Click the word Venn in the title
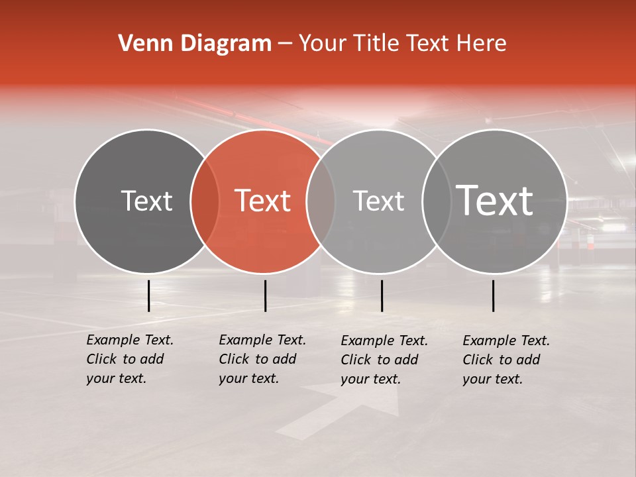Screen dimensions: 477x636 140,44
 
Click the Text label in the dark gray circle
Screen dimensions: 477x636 146,201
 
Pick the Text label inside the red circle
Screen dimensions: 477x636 263,201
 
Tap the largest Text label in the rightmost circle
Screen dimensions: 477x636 495,200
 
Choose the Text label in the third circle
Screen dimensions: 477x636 378,201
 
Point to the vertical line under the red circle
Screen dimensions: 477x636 265,295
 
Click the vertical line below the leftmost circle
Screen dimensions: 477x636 148,295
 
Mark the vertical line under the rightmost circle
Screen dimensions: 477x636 493,295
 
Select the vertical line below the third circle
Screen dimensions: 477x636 382,295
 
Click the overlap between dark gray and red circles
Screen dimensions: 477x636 205,201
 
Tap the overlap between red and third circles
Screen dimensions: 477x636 321,201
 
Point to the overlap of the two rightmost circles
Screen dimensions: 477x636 434,201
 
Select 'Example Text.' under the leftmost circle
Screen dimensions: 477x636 130,340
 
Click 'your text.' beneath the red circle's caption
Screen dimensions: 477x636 248,378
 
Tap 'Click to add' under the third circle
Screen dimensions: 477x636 379,360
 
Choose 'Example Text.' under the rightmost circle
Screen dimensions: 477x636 506,341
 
